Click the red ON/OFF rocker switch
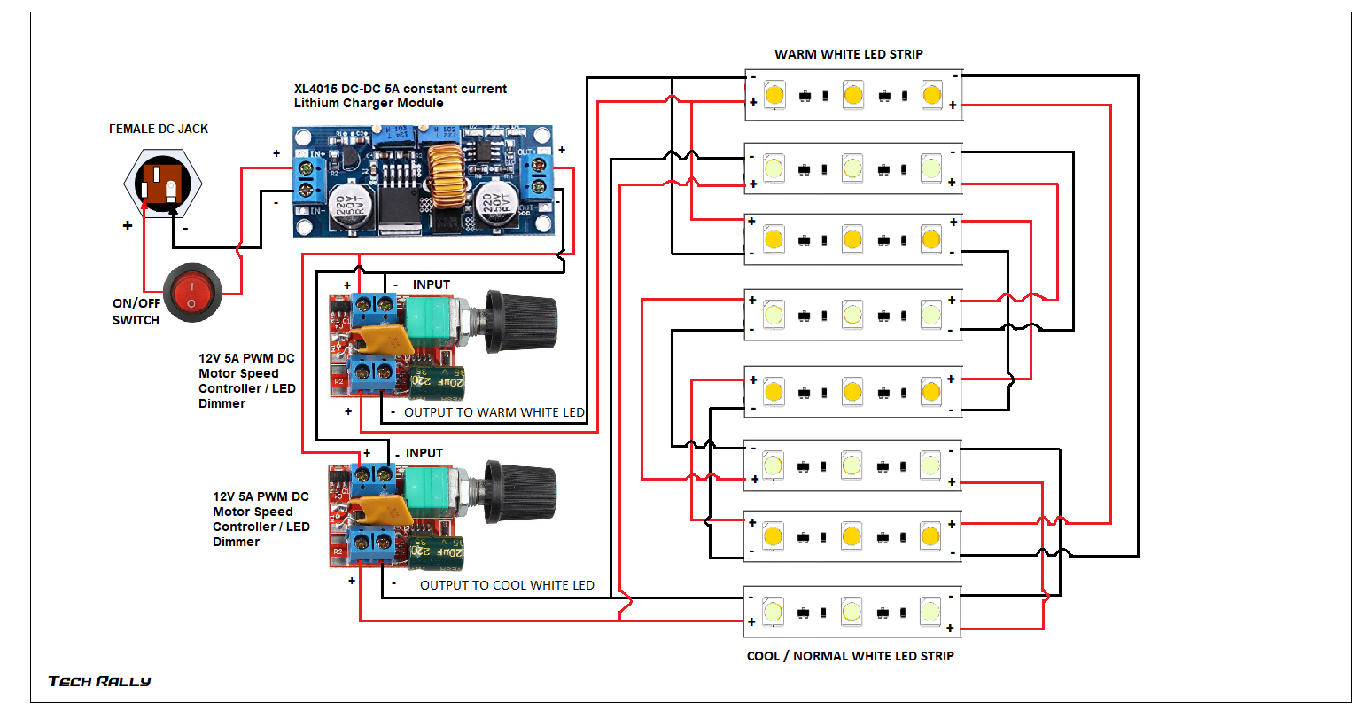coord(192,292)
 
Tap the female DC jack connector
coord(163,184)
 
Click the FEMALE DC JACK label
coord(159,129)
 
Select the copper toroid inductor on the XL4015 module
coord(446,175)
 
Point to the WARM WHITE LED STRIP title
coord(848,54)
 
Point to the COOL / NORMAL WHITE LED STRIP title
coord(850,656)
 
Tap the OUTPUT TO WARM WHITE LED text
coord(494,412)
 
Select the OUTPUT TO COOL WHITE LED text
coord(506,585)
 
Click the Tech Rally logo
coord(99,681)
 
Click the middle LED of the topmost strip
coord(852,94)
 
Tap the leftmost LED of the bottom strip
coord(773,611)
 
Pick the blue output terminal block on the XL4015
coord(538,176)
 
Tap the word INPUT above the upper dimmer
coord(432,285)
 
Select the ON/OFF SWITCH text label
coord(136,311)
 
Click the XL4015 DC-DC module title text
coord(401,96)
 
